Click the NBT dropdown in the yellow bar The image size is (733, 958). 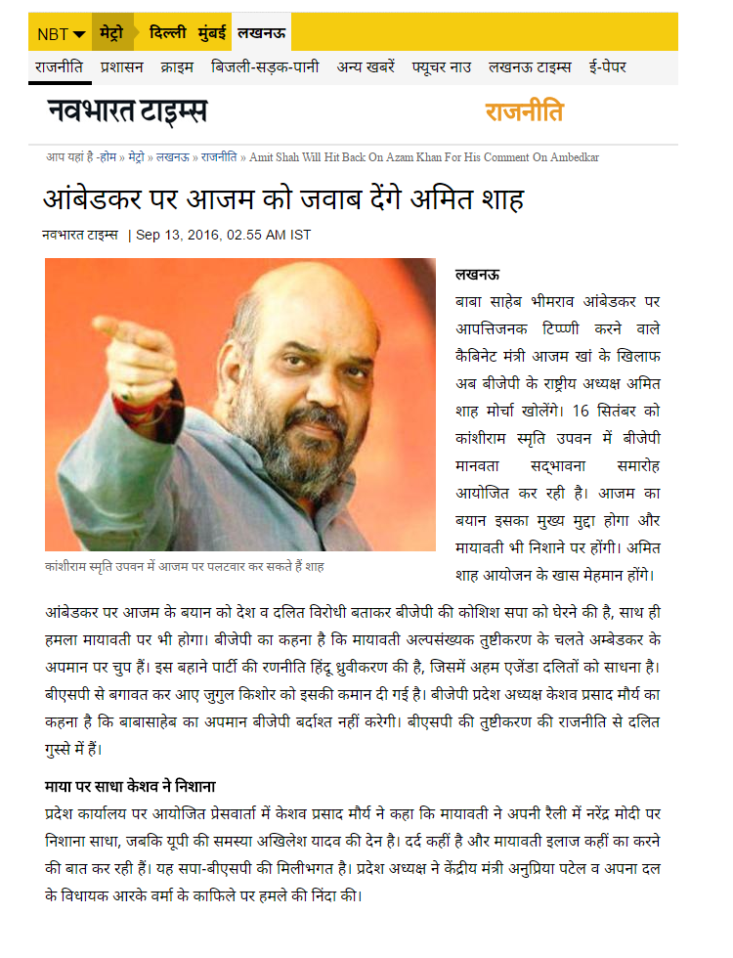pyautogui.click(x=61, y=34)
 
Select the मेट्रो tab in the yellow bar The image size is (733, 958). pyautogui.click(x=111, y=33)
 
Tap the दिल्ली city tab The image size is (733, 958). pyautogui.click(x=167, y=33)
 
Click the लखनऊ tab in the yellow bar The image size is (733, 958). pyautogui.click(x=262, y=33)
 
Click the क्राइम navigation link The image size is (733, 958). pyautogui.click(x=178, y=67)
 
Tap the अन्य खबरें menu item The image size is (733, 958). pyautogui.click(x=366, y=67)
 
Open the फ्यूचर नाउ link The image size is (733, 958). pyautogui.click(x=442, y=67)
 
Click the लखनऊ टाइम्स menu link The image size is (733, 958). pyautogui.click(x=529, y=67)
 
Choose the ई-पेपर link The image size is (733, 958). pyautogui.click(x=607, y=67)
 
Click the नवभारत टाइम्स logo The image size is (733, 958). pyautogui.click(x=127, y=111)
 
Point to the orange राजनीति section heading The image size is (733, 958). pyautogui.click(x=524, y=111)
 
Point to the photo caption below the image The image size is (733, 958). pyautogui.click(x=185, y=567)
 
